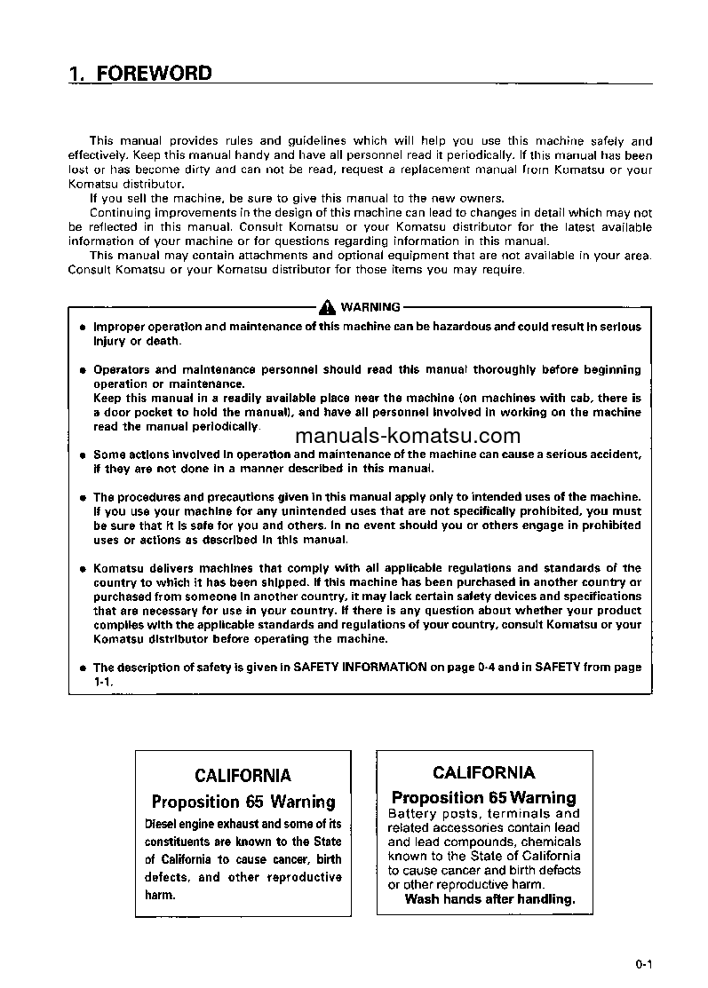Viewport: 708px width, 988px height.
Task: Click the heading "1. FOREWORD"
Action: pyautogui.click(x=140, y=74)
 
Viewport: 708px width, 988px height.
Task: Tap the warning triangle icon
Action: pyautogui.click(x=329, y=307)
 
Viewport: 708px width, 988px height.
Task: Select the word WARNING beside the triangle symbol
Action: pyautogui.click(x=370, y=308)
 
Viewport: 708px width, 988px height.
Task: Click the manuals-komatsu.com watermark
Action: pyautogui.click(x=407, y=436)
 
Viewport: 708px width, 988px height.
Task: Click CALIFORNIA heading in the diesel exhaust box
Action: pyautogui.click(x=243, y=776)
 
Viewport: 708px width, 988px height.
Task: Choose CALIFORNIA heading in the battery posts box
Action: pyautogui.click(x=484, y=772)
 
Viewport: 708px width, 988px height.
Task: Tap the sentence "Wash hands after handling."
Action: pyautogui.click(x=489, y=898)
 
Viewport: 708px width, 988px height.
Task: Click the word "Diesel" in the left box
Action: pyautogui.click(x=163, y=825)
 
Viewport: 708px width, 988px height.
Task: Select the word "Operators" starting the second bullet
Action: pyautogui.click(x=123, y=369)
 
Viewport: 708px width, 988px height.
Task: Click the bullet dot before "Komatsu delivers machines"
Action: pyautogui.click(x=81, y=569)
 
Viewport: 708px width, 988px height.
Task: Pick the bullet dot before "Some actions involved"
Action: pyautogui.click(x=81, y=455)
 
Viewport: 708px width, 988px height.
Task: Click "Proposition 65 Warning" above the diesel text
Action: pyautogui.click(x=243, y=802)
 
